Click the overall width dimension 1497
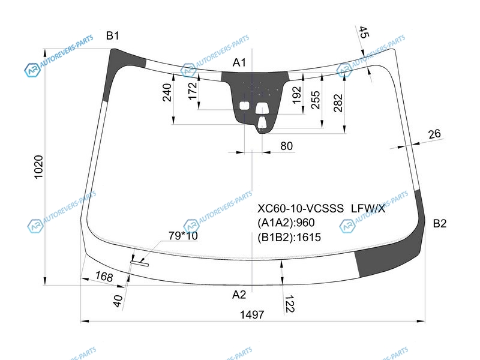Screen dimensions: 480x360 click(x=251, y=314)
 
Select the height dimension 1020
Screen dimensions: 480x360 click(x=38, y=167)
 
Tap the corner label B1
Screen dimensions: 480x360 click(x=112, y=35)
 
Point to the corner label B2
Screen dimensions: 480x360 click(x=440, y=223)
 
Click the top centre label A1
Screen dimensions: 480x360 click(x=239, y=62)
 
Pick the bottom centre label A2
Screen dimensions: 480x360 click(x=239, y=295)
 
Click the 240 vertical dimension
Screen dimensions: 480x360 click(x=167, y=92)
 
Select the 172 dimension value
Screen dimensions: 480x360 click(x=192, y=91)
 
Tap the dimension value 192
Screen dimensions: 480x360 click(x=296, y=95)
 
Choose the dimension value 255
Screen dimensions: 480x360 click(x=316, y=100)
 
